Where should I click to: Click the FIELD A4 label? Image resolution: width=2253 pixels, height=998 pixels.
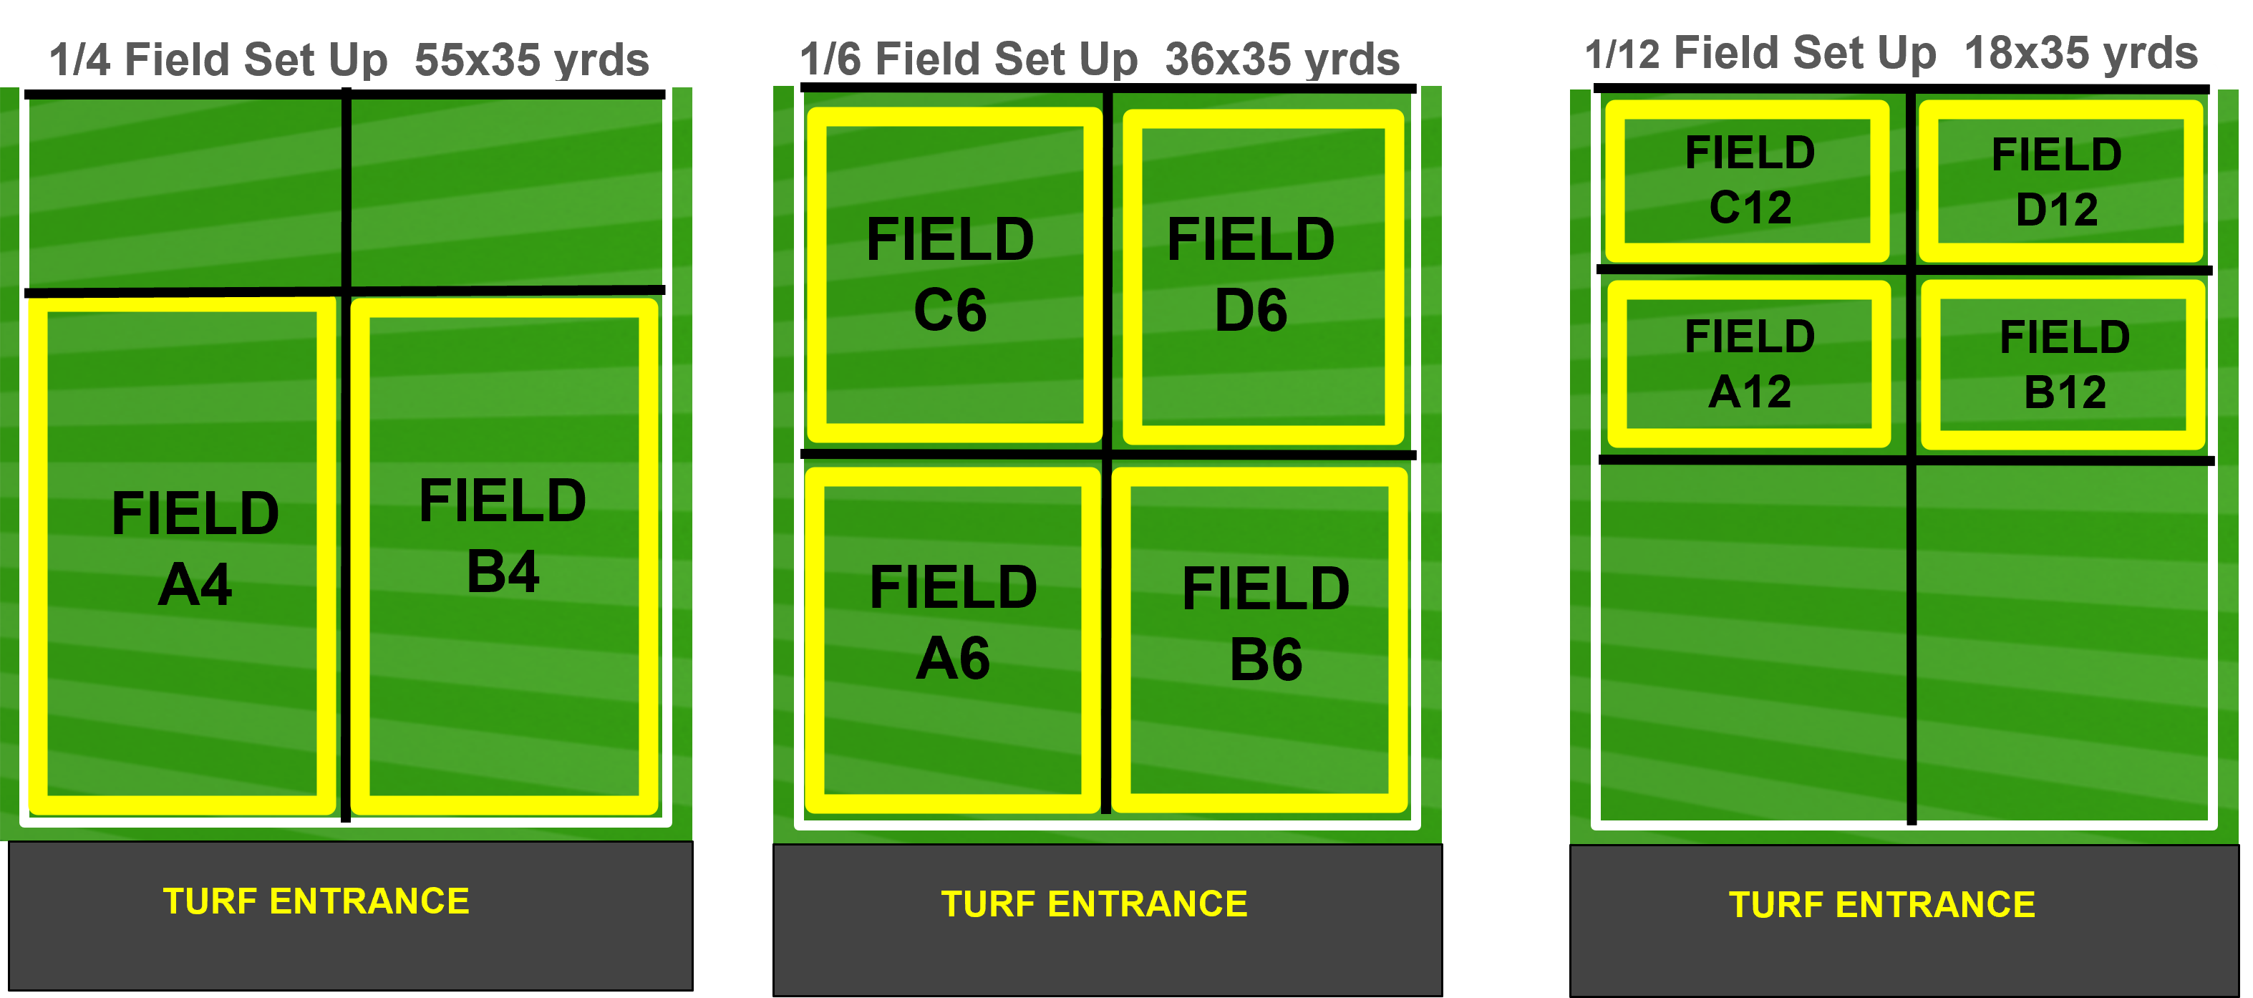195,548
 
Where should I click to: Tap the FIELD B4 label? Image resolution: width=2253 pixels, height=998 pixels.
503,536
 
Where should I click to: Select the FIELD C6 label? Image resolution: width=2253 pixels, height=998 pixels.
951,273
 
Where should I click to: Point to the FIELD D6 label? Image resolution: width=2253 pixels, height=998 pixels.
1251,273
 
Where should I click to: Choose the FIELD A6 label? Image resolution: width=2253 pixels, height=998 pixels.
954,622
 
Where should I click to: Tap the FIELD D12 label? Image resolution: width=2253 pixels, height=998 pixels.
2057,182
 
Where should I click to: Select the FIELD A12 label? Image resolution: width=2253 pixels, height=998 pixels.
1750,364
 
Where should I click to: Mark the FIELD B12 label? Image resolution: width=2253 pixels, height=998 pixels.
2065,364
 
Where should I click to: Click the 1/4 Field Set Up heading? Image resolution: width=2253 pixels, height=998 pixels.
218,59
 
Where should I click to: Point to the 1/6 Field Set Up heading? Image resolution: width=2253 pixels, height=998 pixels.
968,59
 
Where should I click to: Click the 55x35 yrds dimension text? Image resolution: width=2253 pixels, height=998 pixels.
532,59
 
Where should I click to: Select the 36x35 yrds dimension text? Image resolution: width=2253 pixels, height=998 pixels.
1282,59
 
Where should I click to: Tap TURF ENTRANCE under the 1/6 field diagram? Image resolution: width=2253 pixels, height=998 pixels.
1094,904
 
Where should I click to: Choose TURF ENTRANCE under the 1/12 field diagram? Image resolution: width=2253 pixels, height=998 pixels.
1882,904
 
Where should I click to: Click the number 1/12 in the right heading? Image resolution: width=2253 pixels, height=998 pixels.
1622,54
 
